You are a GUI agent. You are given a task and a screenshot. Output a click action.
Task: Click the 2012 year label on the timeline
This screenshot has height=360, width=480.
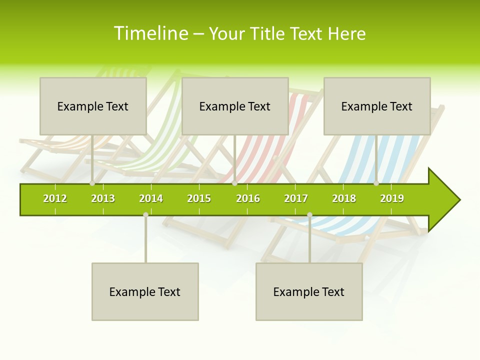55,198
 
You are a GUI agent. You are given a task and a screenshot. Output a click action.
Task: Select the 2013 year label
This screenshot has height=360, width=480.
103,198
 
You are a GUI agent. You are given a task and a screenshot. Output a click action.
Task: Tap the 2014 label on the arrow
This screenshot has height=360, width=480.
151,198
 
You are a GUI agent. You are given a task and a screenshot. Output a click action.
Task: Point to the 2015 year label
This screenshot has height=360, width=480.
199,198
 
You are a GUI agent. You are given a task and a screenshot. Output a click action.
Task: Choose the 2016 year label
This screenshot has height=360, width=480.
248,198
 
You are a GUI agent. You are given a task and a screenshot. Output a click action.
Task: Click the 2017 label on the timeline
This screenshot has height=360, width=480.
296,198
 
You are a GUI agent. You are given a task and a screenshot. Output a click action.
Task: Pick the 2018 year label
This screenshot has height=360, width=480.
344,198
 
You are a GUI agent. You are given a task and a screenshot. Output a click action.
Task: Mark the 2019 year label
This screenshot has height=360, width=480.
392,198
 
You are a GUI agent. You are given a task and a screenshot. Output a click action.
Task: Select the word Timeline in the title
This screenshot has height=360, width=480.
150,33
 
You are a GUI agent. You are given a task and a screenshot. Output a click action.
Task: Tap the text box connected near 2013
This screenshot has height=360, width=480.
93,106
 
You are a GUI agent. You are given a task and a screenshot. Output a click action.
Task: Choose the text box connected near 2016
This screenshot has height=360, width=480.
235,106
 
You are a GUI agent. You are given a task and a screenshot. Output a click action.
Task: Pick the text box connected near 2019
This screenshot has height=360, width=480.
377,106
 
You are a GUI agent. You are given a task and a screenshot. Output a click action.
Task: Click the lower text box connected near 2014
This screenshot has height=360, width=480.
145,291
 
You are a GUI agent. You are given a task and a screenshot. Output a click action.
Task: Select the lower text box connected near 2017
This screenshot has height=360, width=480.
309,291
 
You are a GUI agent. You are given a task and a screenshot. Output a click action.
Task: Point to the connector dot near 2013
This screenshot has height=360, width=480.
92,183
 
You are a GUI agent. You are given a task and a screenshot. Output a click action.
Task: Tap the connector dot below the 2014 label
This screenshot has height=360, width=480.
145,214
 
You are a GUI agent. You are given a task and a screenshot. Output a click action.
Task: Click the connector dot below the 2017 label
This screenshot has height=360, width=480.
309,214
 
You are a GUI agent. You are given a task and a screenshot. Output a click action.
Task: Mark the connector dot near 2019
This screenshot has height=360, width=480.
376,183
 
